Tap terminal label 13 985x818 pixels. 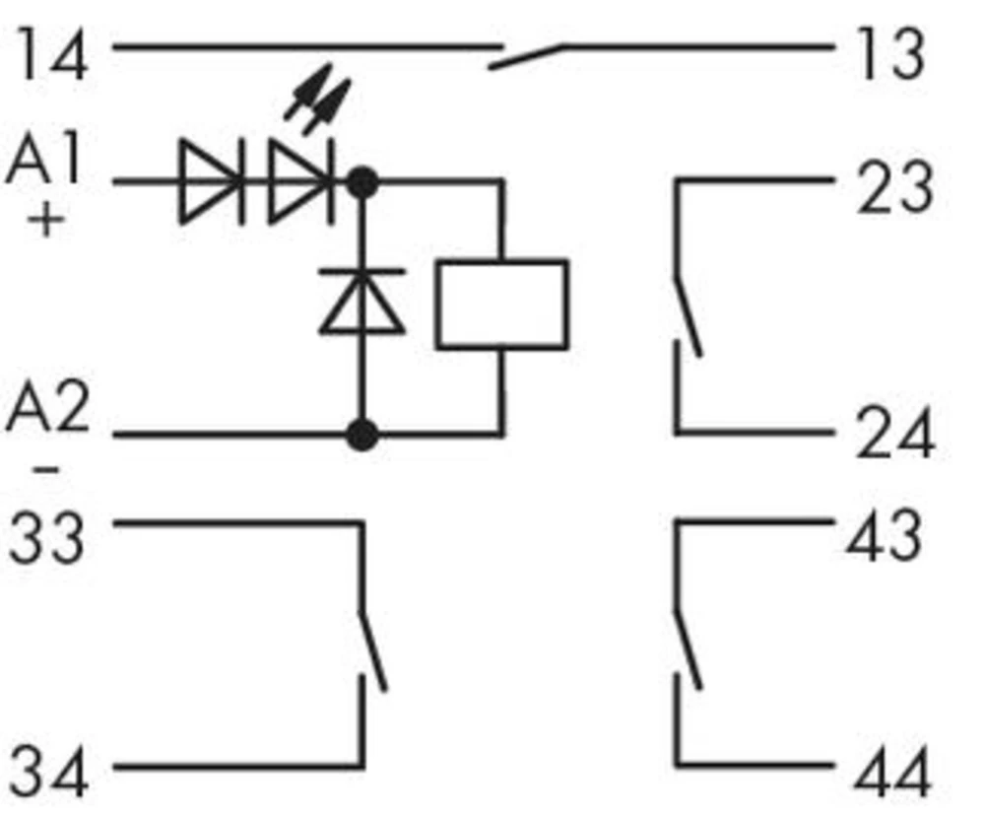pyautogui.click(x=891, y=54)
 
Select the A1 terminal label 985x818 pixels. pyautogui.click(x=45, y=158)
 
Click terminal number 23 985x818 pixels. pyautogui.click(x=894, y=188)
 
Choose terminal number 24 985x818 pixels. pyautogui.click(x=895, y=434)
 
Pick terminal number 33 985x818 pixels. pyautogui.click(x=46, y=538)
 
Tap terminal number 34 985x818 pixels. pyautogui.click(x=47, y=771)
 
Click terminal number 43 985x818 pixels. pyautogui.click(x=885, y=535)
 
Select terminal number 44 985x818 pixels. pyautogui.click(x=891, y=772)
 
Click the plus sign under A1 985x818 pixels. pyautogui.click(x=46, y=221)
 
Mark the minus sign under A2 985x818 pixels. pyautogui.click(x=46, y=469)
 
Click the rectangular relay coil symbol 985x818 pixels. pyautogui.click(x=502, y=305)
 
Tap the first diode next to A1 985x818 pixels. pyautogui.click(x=212, y=182)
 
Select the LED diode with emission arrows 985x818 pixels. pyautogui.click(x=300, y=182)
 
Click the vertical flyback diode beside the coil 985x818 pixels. pyautogui.click(x=361, y=302)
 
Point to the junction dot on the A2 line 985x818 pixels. pyautogui.click(x=362, y=435)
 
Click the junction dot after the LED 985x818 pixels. pyautogui.click(x=362, y=183)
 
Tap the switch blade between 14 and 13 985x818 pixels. pyautogui.click(x=526, y=56)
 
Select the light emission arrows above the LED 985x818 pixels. pyautogui.click(x=317, y=99)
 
